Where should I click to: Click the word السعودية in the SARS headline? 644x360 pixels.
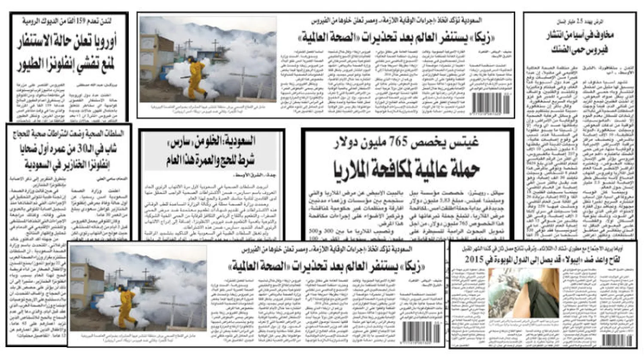[x=238, y=141]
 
